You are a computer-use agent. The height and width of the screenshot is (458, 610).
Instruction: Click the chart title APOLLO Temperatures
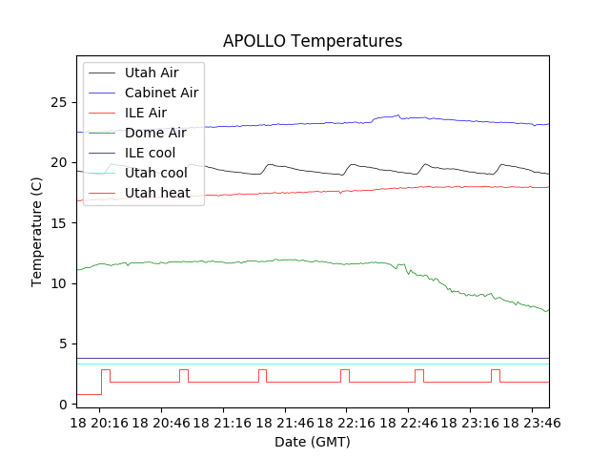tap(313, 41)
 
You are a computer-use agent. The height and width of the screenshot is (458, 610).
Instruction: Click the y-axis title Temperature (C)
tap(37, 232)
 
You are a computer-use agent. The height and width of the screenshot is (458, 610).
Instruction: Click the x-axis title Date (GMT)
tap(313, 442)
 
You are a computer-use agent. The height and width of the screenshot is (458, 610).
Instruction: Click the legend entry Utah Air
tap(151, 73)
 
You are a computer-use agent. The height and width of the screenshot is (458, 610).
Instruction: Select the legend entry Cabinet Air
tap(161, 93)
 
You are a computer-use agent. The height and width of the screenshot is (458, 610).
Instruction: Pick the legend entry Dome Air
tap(155, 133)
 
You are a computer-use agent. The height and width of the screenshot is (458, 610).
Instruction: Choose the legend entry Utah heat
tap(157, 193)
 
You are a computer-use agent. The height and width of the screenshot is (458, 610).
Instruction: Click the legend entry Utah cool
tap(155, 173)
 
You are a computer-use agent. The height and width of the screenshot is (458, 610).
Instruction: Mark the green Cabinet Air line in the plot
tap(238, 261)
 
